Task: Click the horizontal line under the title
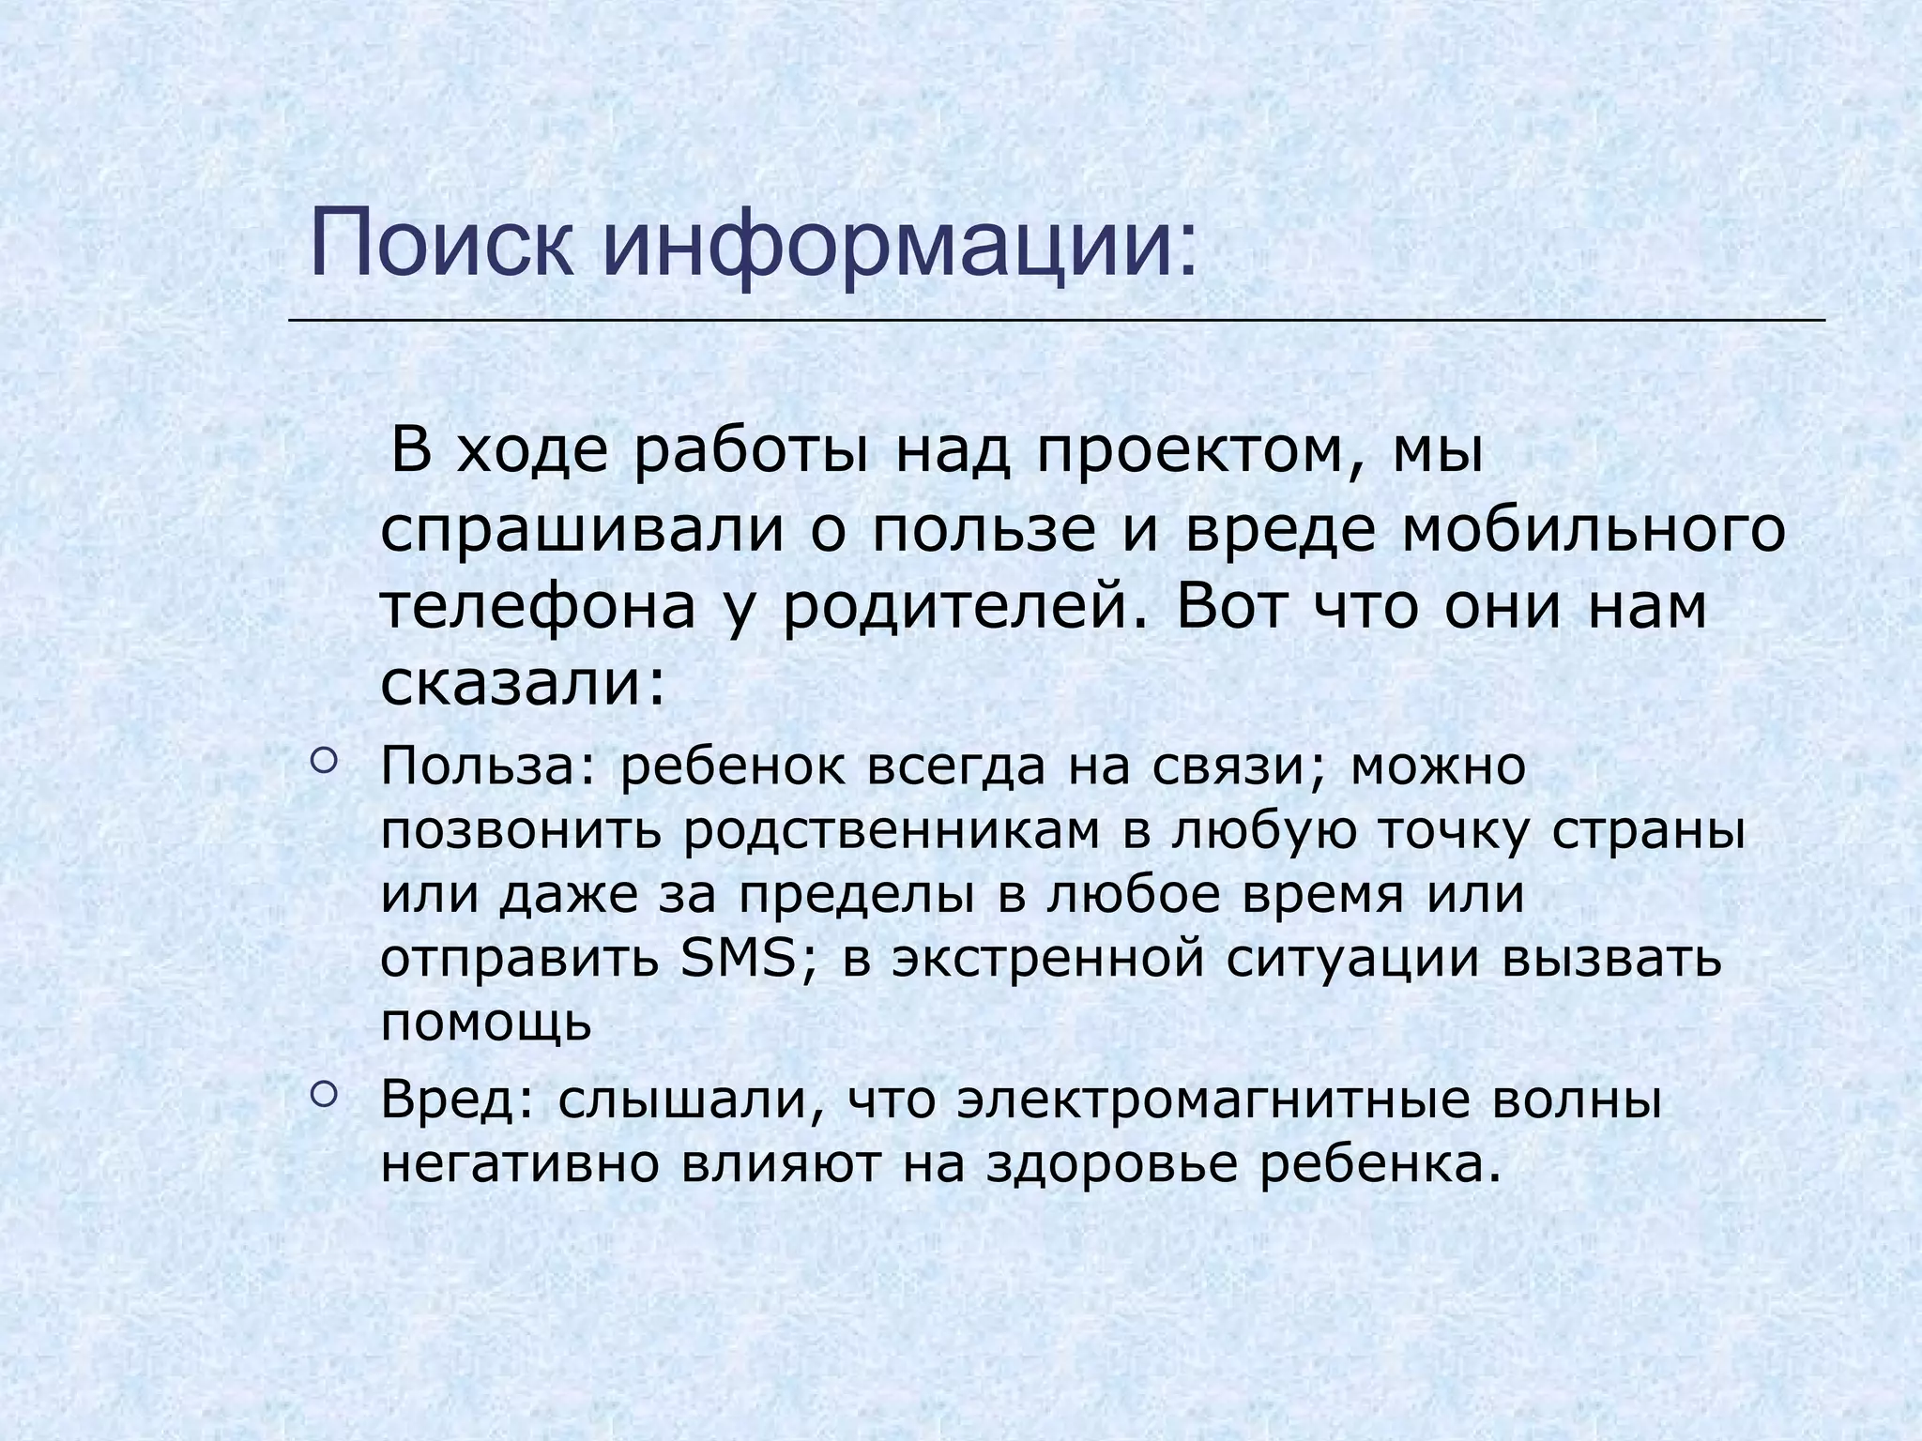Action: pyautogui.click(x=1056, y=321)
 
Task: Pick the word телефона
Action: pyautogui.click(x=539, y=608)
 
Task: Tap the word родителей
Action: pyautogui.click(x=953, y=608)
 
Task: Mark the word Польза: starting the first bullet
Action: pyautogui.click(x=488, y=767)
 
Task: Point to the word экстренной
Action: pyautogui.click(x=1047, y=959)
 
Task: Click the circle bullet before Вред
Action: pyautogui.click(x=322, y=1093)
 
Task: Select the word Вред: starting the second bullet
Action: pyautogui.click(x=457, y=1100)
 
